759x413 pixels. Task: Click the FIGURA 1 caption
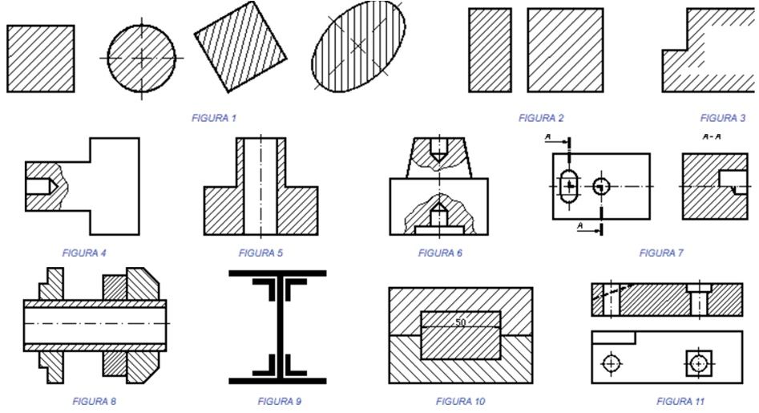[x=214, y=118]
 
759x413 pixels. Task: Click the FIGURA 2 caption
[x=541, y=118]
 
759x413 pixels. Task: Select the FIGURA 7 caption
[x=661, y=253]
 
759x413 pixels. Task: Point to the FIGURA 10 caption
[x=460, y=400]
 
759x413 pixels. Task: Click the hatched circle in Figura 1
[x=141, y=59]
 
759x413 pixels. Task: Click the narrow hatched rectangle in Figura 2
[x=490, y=51]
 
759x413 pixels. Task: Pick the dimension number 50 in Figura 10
[x=460, y=322]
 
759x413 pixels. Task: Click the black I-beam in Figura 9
[x=277, y=326]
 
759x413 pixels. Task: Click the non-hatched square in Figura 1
[x=40, y=59]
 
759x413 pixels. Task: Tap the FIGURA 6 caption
[x=440, y=253]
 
